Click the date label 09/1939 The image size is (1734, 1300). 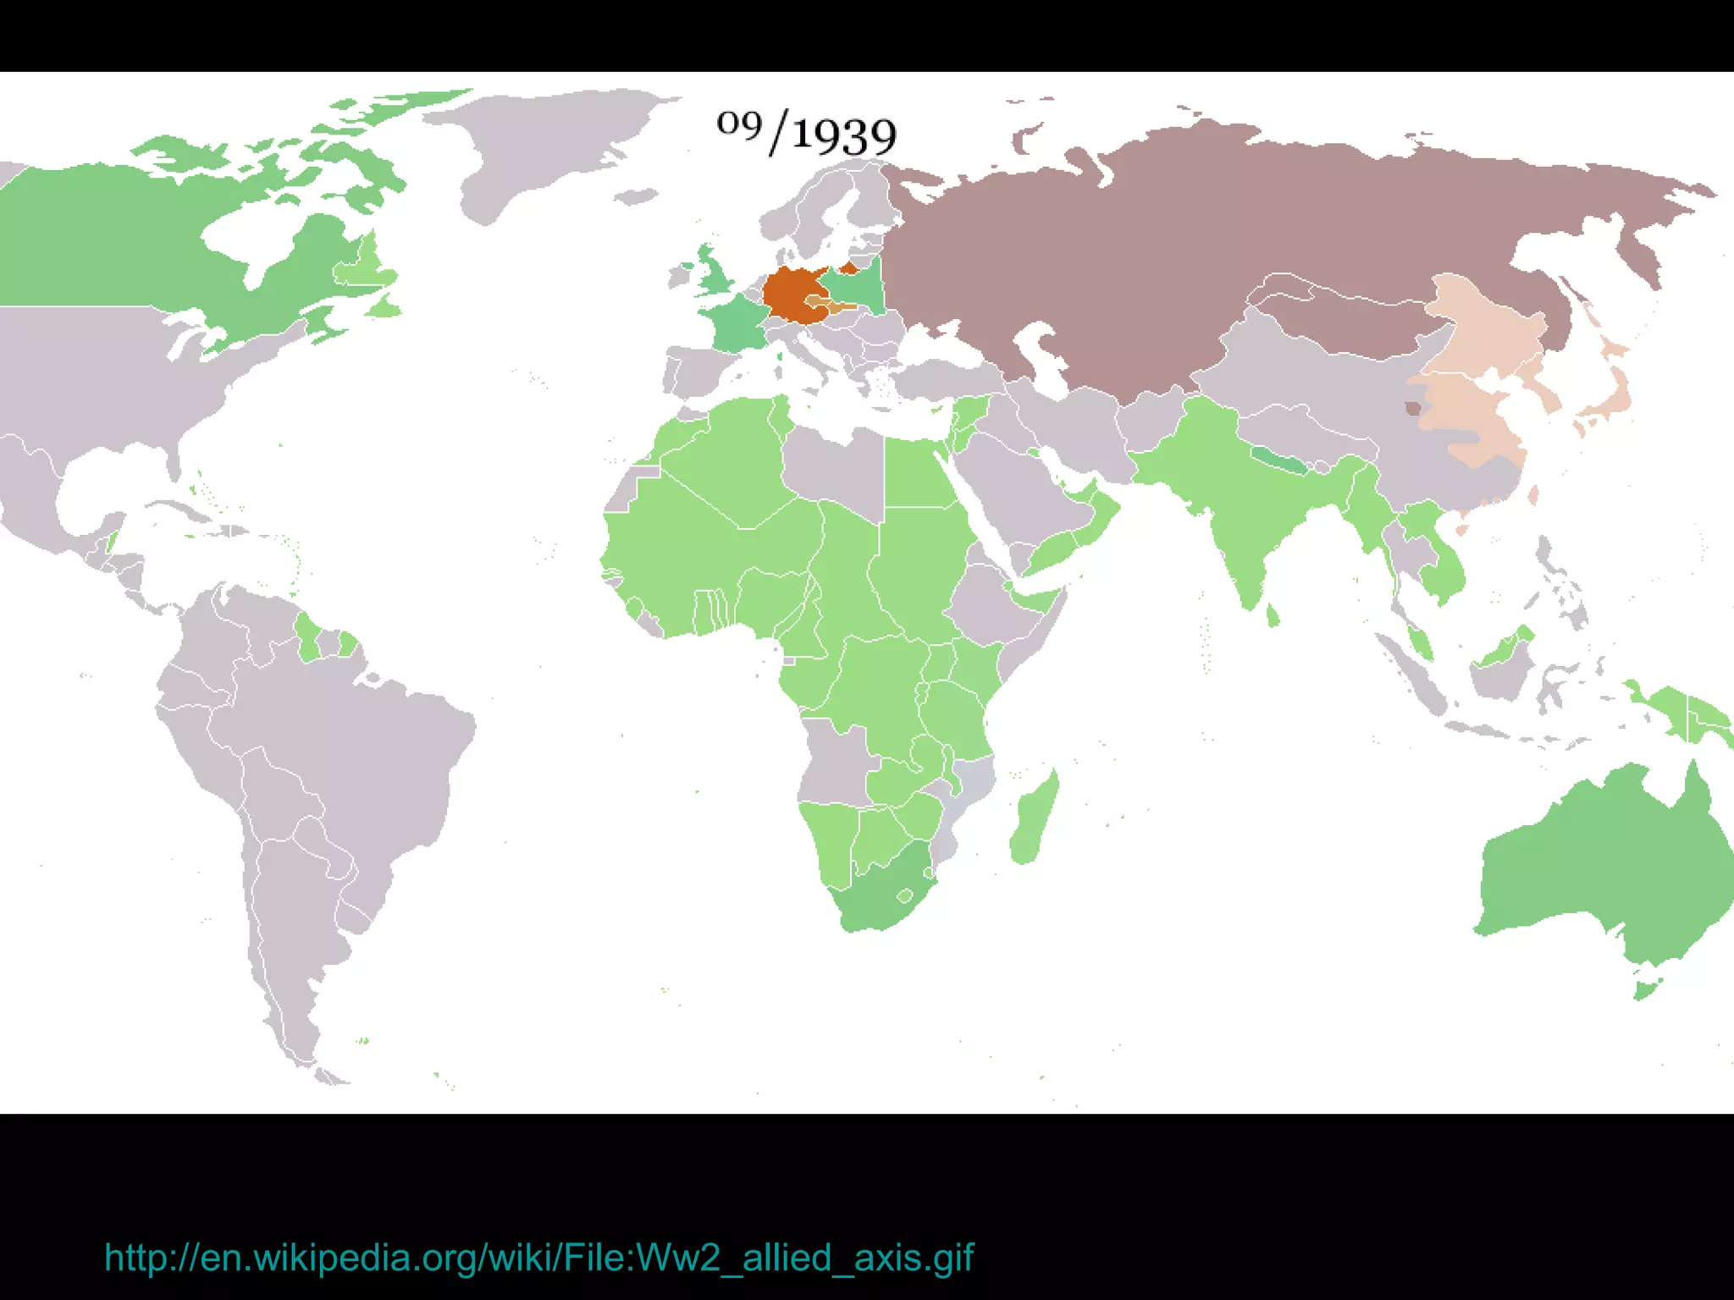pos(806,134)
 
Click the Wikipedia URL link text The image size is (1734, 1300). pos(538,1258)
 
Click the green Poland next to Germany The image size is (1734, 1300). pos(855,288)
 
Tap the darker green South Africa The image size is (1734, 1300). pos(881,897)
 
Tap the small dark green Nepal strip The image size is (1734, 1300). pos(1278,460)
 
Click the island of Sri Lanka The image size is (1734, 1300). pos(1273,615)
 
